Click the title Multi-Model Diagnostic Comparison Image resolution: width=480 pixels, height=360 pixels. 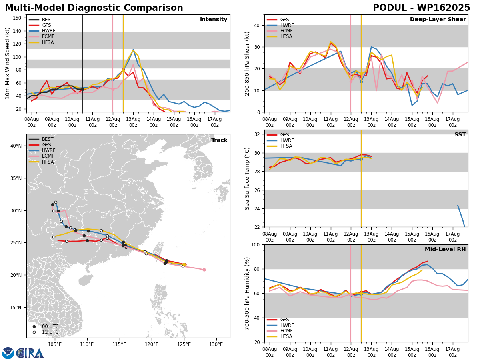point(94,8)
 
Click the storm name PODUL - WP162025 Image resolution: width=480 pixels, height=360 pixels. point(421,8)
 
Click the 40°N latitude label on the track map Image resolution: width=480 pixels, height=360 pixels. point(16,146)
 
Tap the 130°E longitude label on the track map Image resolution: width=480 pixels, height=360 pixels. point(216,345)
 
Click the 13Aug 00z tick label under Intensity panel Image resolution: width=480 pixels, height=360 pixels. point(133,122)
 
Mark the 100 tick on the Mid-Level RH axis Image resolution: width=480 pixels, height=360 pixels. point(256,245)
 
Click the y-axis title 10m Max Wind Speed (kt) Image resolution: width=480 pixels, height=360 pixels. point(7,63)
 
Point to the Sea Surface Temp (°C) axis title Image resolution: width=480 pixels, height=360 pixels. point(247,178)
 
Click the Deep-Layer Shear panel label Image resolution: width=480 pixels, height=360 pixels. point(438,19)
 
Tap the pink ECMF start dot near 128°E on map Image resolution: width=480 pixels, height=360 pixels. point(204,270)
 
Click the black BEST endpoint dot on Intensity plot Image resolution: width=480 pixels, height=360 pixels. point(82,89)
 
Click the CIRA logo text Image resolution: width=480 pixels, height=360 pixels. point(30,353)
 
